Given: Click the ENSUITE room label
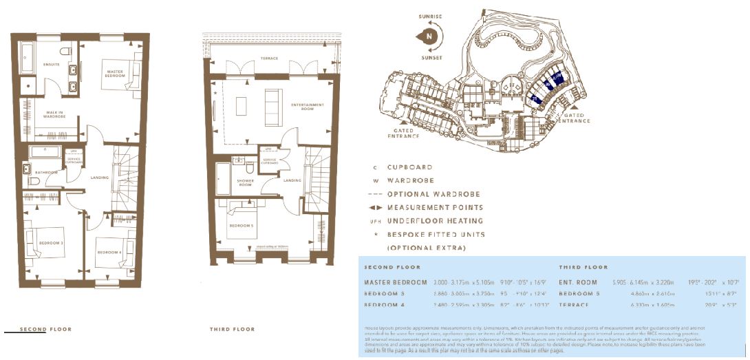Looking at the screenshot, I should click(x=51, y=65).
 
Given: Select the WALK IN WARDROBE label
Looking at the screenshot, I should click(x=53, y=114).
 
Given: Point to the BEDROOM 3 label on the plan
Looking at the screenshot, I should click(x=52, y=243).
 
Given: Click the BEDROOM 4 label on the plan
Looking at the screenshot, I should click(x=109, y=253).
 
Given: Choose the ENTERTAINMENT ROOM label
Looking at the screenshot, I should click(x=307, y=107).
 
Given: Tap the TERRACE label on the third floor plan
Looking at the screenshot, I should click(x=269, y=59).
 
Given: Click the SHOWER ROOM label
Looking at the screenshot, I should click(x=246, y=183).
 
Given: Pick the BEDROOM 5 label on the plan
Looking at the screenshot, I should click(x=240, y=226).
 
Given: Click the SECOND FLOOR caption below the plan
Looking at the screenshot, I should click(x=45, y=330).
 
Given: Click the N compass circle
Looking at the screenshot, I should click(x=429, y=35).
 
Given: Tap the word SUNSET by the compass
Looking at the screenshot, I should click(x=429, y=58).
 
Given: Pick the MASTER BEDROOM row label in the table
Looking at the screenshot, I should click(x=396, y=282).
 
